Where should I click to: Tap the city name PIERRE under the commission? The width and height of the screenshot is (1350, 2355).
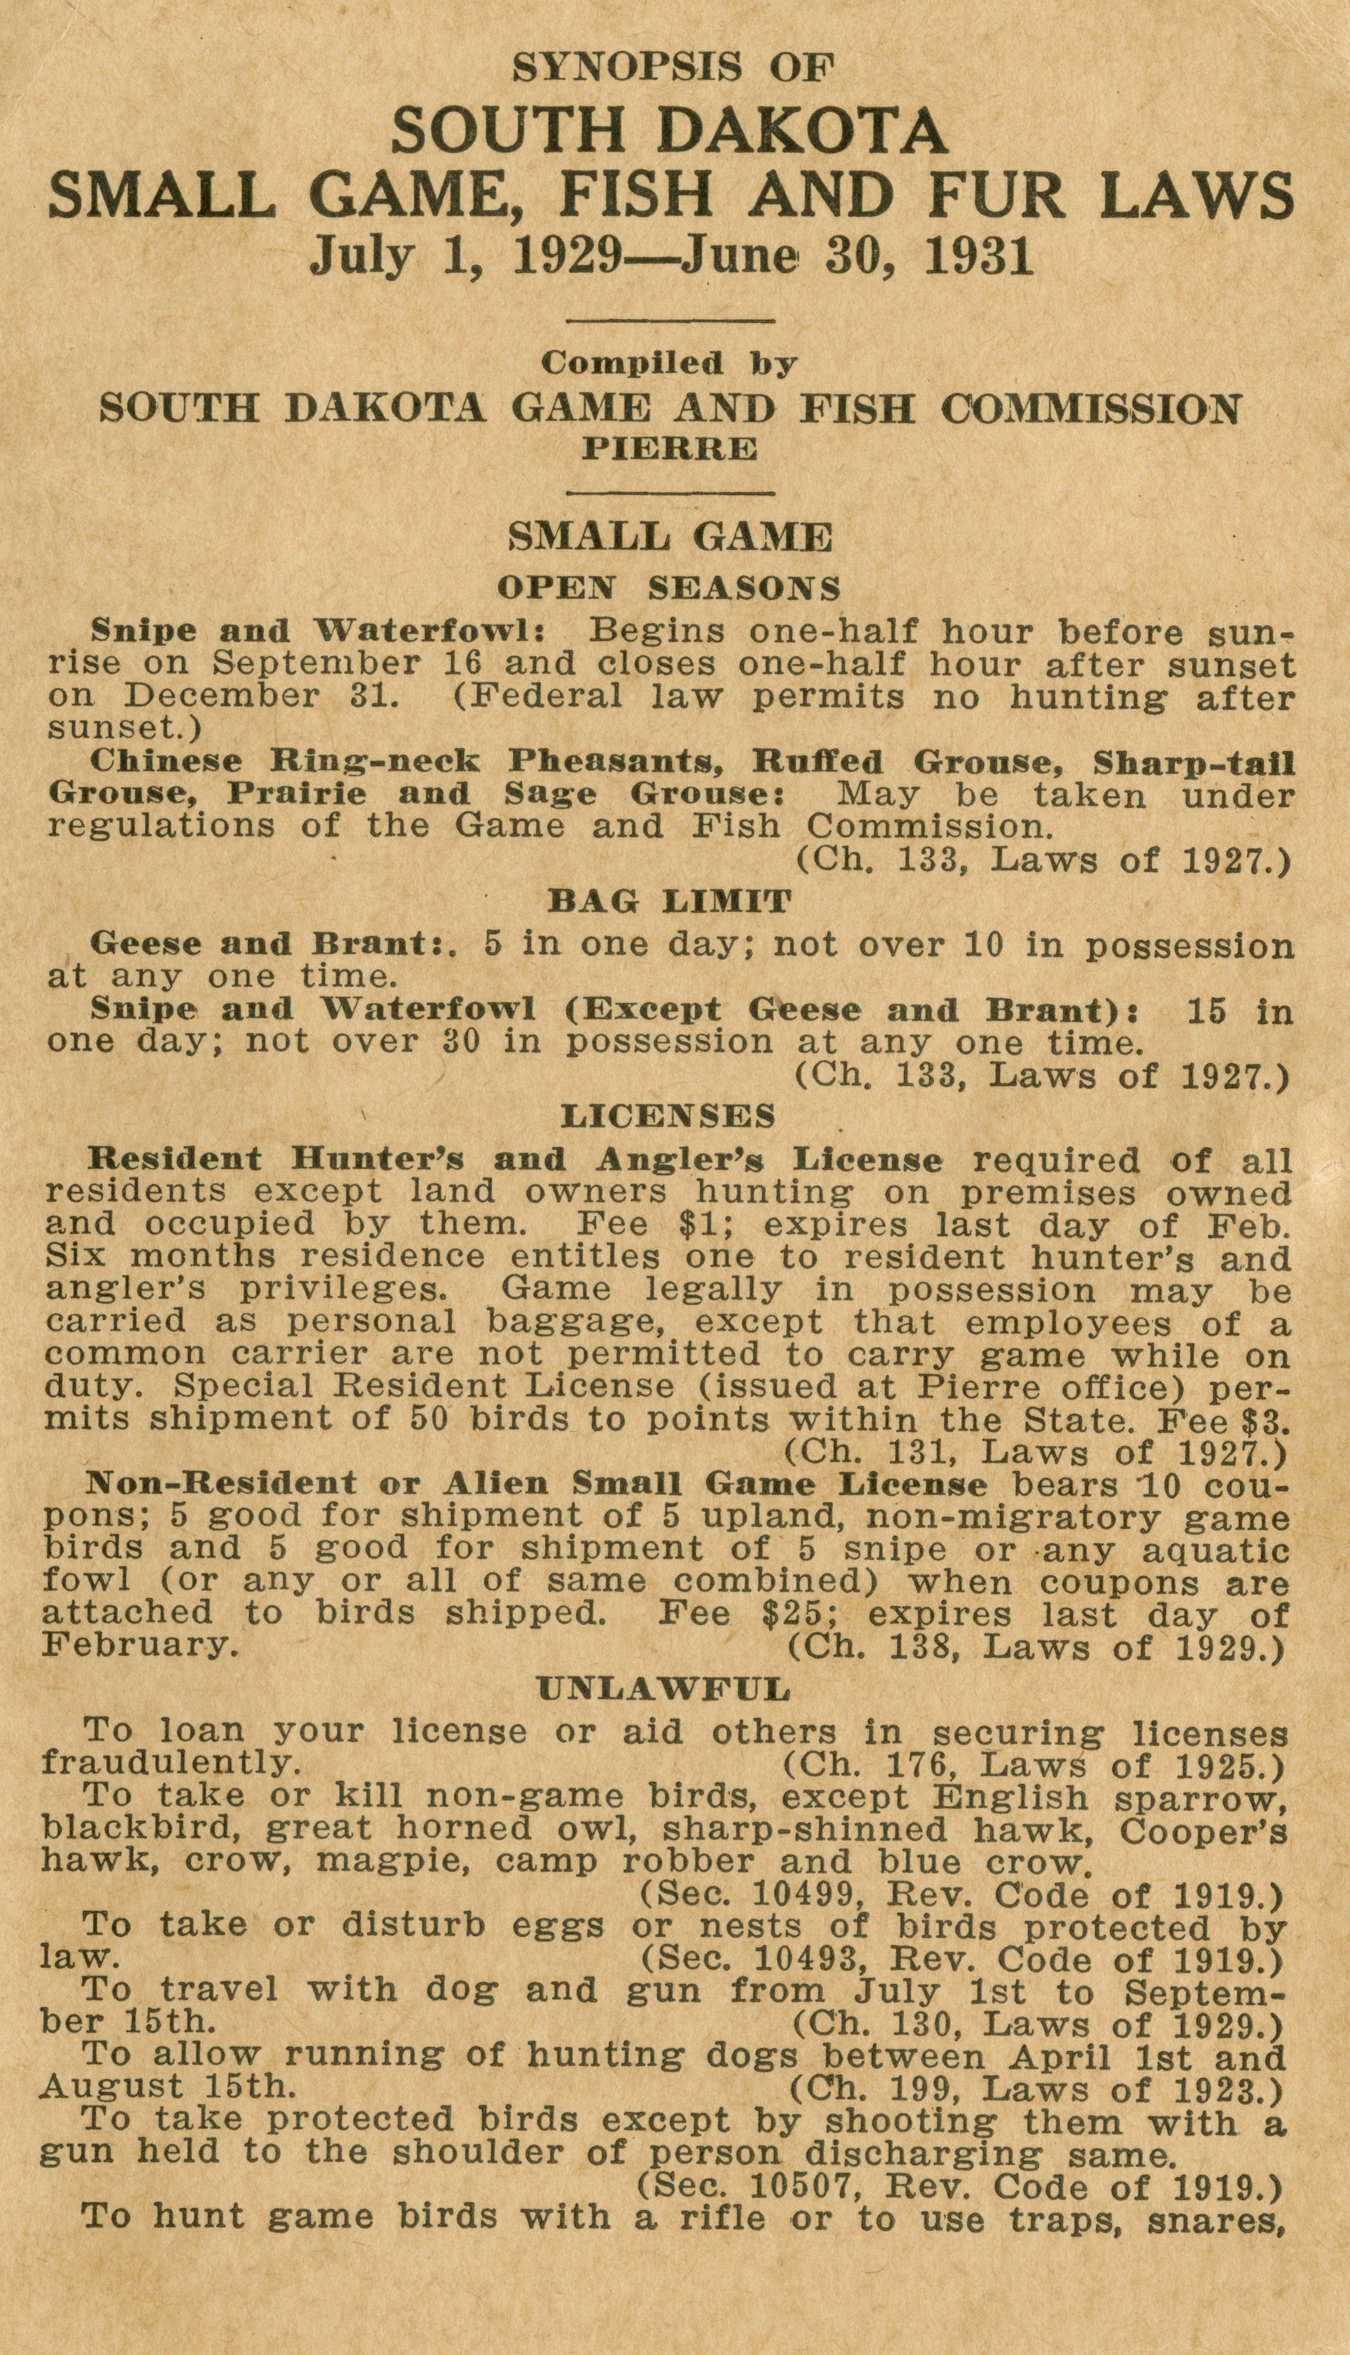pos(670,450)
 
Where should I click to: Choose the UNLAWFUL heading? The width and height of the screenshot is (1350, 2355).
pos(664,1690)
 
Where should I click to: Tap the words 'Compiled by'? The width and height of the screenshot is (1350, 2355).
pos(670,363)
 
